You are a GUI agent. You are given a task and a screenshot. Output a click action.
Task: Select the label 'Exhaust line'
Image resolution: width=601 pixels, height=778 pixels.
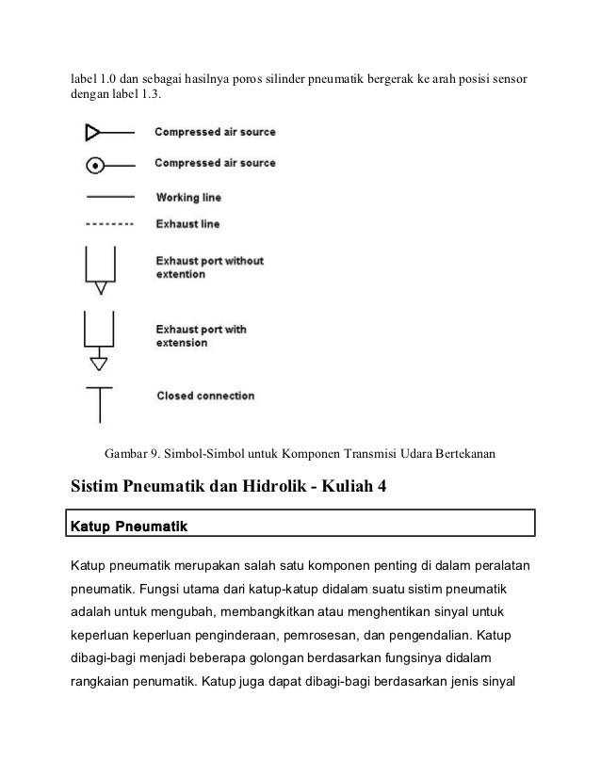coord(189,224)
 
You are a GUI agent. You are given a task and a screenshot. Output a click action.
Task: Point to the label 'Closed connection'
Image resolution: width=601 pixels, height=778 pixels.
coord(204,396)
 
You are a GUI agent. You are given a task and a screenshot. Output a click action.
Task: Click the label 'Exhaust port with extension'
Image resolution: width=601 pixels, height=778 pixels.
coord(201,336)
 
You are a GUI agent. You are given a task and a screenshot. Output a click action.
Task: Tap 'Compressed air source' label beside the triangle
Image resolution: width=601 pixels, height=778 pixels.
coord(215,133)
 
